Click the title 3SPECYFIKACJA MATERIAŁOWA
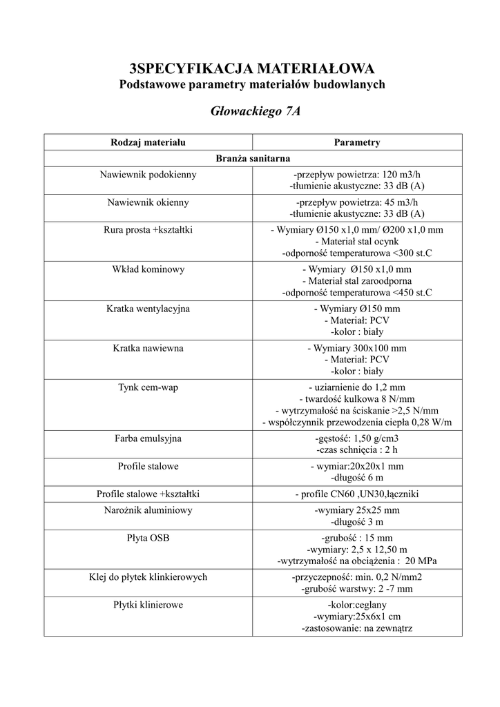point(252,68)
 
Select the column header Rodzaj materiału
point(148,142)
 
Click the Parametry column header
point(356,142)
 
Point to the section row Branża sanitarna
point(252,159)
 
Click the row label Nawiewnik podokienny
point(148,175)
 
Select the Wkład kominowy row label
point(148,269)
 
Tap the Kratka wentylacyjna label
point(148,308)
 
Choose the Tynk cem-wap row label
point(148,387)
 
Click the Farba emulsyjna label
point(148,438)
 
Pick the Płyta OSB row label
point(148,537)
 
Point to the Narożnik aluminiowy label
point(148,510)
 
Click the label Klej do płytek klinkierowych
point(148,577)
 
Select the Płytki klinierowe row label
point(148,605)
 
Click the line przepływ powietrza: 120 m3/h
point(356,175)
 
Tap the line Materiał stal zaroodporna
point(356,281)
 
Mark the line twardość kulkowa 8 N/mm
point(356,399)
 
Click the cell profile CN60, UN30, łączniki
point(356,494)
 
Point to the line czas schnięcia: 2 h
point(356,450)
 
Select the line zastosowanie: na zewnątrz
point(356,628)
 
